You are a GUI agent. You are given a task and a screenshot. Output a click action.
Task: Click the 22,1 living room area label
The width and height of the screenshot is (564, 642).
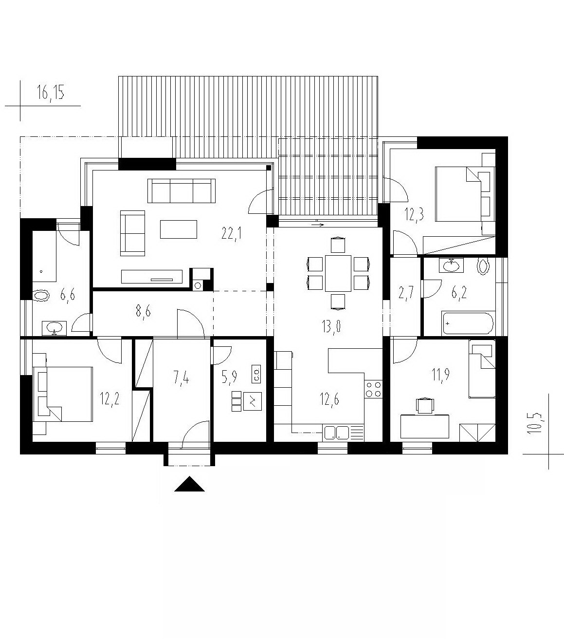[x=232, y=235]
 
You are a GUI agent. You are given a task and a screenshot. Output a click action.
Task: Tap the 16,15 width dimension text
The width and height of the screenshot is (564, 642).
[x=51, y=94]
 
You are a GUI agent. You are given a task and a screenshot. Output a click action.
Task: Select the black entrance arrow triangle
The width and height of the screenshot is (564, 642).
[x=189, y=484]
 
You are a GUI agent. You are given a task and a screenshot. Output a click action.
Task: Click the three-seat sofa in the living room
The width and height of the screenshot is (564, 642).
[x=182, y=191]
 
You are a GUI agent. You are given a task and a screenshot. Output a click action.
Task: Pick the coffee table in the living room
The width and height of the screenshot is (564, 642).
[x=179, y=229]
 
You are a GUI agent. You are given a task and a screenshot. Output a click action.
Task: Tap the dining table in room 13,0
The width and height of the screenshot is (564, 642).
[x=338, y=273]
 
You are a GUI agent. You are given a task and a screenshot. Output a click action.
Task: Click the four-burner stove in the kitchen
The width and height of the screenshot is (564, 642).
[x=373, y=389]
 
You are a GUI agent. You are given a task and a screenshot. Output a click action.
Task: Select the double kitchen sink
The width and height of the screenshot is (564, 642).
[x=336, y=432]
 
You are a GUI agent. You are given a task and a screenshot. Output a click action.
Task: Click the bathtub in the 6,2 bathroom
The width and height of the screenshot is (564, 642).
[x=468, y=323]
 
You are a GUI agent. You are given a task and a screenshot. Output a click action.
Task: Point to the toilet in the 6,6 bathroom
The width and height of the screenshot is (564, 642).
[x=41, y=296]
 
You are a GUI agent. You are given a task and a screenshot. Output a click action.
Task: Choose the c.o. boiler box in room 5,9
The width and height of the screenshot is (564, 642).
[x=256, y=374]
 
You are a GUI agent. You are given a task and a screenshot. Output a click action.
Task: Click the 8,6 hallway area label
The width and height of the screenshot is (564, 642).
[x=143, y=311]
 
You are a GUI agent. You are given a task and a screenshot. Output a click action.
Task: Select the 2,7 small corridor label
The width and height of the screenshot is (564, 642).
[x=406, y=293]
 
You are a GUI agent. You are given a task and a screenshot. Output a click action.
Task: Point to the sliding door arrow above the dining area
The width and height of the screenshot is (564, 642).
[x=318, y=225]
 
